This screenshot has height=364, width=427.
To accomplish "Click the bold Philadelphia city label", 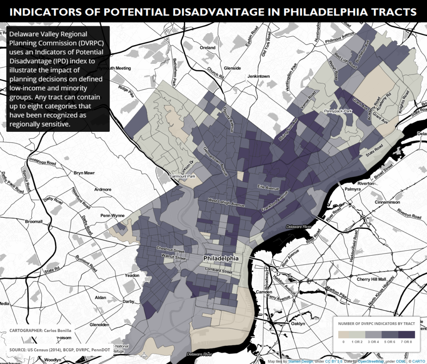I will coord(221,259).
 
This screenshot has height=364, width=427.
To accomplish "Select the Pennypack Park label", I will coord(338,111).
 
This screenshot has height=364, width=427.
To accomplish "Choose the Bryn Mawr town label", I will coord(84,173).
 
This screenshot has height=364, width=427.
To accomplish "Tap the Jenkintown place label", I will coord(259,76).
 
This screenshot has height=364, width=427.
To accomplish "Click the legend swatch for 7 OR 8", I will coord(406,334).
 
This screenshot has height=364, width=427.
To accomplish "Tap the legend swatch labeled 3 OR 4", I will coord(375,334).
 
